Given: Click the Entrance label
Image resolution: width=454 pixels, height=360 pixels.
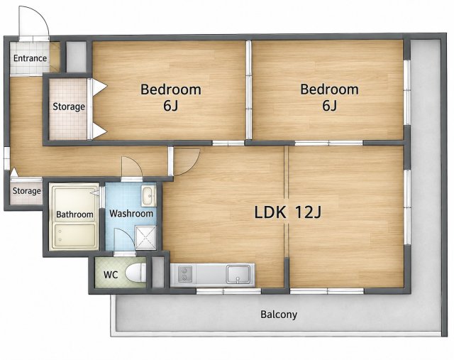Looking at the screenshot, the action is tap(30, 58).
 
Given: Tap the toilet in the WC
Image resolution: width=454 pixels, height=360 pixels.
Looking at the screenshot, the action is tap(136, 273).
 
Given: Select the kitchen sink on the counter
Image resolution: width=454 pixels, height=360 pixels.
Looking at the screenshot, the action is tap(238, 274).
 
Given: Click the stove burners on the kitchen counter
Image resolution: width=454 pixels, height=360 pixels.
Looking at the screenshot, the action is tap(183, 274).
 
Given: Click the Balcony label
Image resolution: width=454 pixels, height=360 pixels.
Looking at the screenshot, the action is tap(279, 315).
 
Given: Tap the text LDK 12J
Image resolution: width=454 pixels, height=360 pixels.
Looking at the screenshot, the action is tap(288, 212).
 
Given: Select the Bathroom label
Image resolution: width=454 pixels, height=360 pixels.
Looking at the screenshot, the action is tap(74, 214).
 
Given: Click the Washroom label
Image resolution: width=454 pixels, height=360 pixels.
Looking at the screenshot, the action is tap(131, 214).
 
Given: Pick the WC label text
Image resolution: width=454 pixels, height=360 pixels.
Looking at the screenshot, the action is tap(111, 275).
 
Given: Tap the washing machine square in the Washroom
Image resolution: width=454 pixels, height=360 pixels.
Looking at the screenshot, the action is tap(146, 238).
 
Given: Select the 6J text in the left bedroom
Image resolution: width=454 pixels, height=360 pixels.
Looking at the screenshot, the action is tap(170, 106).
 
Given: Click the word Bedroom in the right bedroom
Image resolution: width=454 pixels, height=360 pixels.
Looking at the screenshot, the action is tap(329, 89).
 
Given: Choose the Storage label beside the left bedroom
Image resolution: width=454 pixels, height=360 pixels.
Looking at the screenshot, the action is tap(69, 107).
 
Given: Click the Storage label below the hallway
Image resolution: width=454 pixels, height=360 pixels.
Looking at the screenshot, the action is tap(27, 191).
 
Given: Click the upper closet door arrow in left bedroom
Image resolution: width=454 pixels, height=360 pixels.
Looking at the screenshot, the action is tap(99, 87).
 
